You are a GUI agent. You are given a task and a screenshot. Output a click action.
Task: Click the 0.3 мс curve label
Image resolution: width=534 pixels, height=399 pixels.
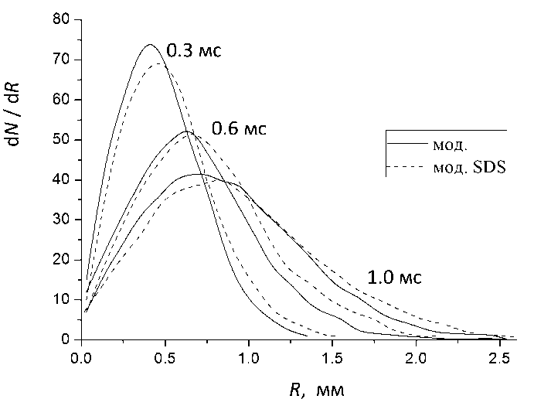point(194,52)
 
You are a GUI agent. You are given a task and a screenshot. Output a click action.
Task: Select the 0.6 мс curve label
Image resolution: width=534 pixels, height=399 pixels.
point(239,128)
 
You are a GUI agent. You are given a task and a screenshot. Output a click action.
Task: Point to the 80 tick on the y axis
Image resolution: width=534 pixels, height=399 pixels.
point(61,19)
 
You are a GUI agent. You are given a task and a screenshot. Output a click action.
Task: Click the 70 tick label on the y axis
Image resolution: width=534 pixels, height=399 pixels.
point(61,60)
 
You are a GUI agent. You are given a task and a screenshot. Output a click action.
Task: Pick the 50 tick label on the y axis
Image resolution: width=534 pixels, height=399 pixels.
point(61,140)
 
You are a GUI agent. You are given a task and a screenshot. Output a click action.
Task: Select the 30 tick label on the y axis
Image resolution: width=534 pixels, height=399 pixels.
point(61,220)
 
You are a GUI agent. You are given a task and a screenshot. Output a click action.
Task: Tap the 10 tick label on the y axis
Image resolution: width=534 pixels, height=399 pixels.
point(61,300)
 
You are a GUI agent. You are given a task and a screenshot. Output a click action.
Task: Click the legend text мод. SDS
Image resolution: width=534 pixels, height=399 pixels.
point(468,167)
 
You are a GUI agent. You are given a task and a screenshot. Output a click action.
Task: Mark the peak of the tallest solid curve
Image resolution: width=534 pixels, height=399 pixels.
point(150,44)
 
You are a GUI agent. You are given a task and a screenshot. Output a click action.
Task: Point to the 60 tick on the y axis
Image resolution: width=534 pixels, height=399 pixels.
point(61,100)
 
